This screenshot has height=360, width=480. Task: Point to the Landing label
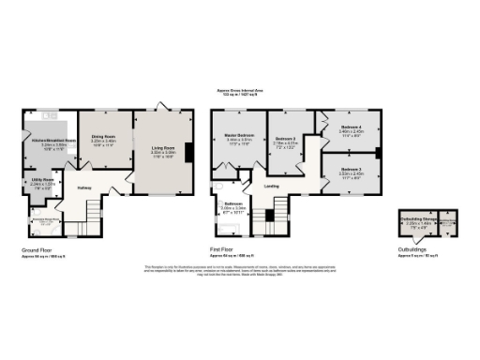[272, 186]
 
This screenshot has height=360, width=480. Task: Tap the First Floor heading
[222, 250]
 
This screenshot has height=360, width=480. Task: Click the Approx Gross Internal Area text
[239, 92]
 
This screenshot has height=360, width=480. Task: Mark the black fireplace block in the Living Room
[189, 152]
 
